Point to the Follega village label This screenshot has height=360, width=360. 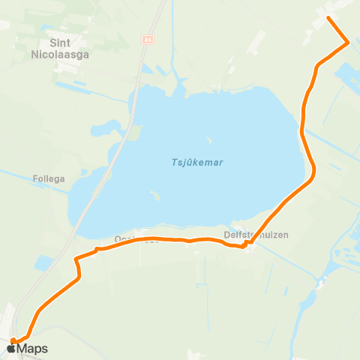tap(49, 179)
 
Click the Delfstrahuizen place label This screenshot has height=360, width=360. tap(256, 235)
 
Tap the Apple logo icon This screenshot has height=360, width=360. tap(12, 348)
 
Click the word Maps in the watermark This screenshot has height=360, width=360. tap(32, 349)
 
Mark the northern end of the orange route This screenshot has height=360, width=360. tap(329, 17)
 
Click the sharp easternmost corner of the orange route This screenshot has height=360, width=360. tap(348, 43)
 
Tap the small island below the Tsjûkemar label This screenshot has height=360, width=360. tap(155, 195)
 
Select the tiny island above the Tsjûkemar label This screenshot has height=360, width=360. tap(208, 139)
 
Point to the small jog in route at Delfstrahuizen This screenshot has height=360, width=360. tap(244, 244)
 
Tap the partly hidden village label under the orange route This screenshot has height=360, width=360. tap(131, 239)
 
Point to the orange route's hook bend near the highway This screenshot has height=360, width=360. tap(77, 262)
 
